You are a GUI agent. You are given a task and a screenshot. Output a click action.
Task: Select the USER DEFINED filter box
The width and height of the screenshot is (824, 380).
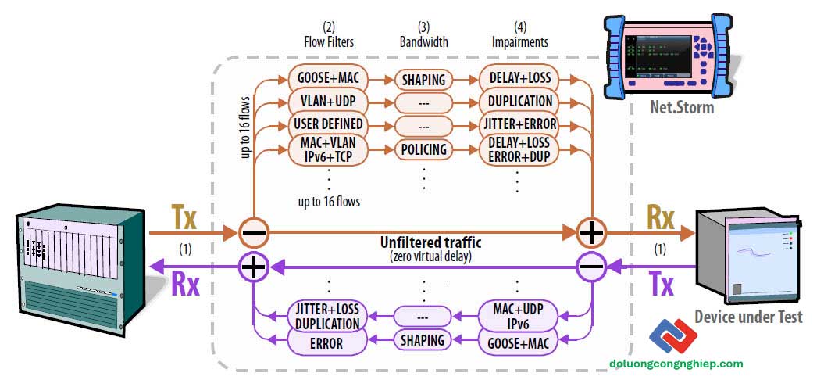(x=329, y=125)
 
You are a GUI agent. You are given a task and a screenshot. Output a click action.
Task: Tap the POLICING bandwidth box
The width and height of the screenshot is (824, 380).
(x=423, y=149)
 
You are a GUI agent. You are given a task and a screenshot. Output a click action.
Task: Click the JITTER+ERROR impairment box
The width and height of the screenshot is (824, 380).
(x=519, y=125)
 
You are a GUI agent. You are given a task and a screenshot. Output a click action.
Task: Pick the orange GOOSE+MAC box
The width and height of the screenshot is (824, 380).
(x=329, y=79)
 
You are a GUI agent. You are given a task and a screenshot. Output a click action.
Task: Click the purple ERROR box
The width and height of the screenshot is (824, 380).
(x=326, y=342)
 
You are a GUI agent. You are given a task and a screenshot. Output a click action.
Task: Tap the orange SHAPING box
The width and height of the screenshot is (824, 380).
(x=423, y=79)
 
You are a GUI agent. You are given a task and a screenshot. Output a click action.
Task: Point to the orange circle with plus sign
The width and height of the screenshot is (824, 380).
(x=591, y=232)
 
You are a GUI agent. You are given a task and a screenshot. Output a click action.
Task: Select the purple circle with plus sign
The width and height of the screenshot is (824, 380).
(x=255, y=267)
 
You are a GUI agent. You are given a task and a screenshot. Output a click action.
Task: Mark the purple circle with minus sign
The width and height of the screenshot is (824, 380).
(x=591, y=267)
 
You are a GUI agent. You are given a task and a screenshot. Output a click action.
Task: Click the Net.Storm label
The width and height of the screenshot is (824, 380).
(x=683, y=108)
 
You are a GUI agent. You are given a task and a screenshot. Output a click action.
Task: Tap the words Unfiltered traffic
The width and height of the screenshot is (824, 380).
(x=430, y=244)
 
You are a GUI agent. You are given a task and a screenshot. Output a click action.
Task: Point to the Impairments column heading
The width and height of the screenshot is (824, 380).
(x=519, y=41)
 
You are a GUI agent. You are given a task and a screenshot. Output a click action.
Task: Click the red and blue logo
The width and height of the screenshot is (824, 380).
(x=673, y=335)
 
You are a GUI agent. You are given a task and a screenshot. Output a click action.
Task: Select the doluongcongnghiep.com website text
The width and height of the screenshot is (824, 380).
(x=677, y=363)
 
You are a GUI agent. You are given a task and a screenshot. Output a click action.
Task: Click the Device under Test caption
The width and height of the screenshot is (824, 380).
(x=748, y=317)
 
